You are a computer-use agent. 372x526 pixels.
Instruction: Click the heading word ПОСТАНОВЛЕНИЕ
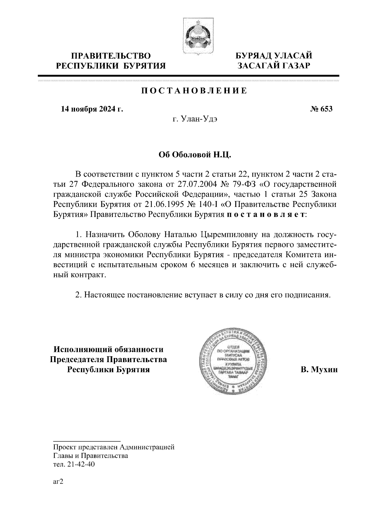coord(194,91)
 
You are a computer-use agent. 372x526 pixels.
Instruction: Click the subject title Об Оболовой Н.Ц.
coord(195,155)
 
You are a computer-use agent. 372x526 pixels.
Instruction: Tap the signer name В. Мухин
coord(319,370)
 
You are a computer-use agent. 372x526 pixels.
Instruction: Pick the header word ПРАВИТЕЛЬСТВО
coord(111,56)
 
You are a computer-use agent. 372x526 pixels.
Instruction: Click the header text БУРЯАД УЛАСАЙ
coord(274,56)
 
